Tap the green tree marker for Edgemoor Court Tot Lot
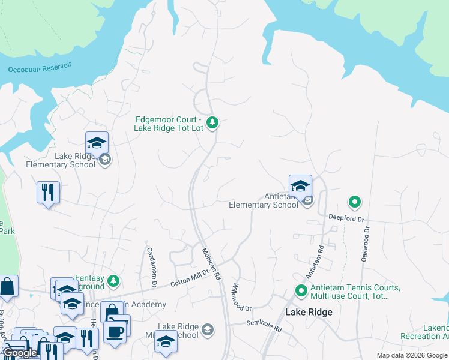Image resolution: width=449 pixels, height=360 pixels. pyautogui.click(x=212, y=123)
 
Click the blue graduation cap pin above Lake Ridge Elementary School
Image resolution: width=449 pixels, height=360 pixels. pyautogui.click(x=97, y=143)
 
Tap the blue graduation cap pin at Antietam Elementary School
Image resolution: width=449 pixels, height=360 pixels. pyautogui.click(x=300, y=186)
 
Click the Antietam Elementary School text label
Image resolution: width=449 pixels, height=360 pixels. pyautogui.click(x=264, y=200)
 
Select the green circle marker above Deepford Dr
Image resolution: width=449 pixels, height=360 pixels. pyautogui.click(x=355, y=202)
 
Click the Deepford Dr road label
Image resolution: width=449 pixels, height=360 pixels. pyautogui.click(x=346, y=218)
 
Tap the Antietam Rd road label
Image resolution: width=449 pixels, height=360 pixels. pyautogui.click(x=315, y=262)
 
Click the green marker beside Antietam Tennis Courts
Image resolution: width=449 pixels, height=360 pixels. pyautogui.click(x=302, y=292)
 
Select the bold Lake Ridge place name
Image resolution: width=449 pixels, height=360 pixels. pyautogui.click(x=308, y=313)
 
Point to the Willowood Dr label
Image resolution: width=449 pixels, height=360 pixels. pyautogui.click(x=240, y=298)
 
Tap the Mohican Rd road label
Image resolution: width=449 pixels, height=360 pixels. pyautogui.click(x=211, y=264)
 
